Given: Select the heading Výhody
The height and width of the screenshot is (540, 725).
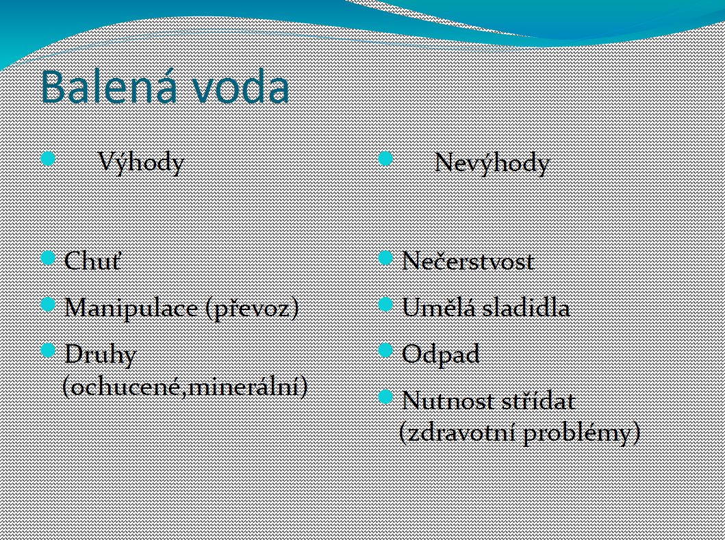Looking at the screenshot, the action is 142,163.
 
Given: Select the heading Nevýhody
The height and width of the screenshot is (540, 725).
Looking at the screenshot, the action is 492,163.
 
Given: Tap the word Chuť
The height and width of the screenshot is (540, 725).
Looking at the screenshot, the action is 93,260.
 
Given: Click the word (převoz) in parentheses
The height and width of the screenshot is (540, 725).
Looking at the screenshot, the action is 253,308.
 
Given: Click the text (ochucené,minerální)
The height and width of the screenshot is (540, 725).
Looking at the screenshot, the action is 186,386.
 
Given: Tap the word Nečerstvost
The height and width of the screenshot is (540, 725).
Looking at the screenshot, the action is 468,261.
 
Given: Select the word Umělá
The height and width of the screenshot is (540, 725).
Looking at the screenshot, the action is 440,307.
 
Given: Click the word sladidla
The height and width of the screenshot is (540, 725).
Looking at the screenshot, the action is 526,307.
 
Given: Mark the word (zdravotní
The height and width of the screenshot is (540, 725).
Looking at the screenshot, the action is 457,433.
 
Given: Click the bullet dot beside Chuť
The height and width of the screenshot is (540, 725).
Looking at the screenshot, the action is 48,257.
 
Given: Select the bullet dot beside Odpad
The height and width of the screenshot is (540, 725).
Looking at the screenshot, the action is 385,350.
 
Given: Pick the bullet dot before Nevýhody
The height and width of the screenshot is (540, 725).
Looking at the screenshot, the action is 385,159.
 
